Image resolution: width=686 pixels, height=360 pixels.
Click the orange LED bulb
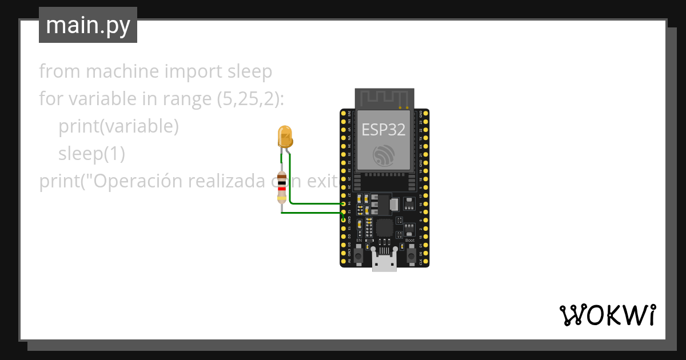click(x=285, y=137)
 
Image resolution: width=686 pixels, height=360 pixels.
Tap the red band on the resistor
click(x=281, y=189)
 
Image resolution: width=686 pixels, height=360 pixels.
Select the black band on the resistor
click(x=281, y=182)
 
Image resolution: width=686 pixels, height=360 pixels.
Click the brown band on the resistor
click(x=281, y=176)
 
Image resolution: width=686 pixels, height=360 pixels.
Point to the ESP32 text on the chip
click(x=384, y=130)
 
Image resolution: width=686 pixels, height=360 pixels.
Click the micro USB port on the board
click(x=384, y=261)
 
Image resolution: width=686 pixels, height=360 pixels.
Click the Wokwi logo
click(x=607, y=315)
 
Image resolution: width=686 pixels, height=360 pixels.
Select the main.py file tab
click(x=88, y=25)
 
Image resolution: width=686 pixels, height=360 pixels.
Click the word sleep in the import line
click(x=250, y=72)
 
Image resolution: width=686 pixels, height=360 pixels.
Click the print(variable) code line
click(x=118, y=126)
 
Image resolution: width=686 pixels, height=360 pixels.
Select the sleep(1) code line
click(x=91, y=154)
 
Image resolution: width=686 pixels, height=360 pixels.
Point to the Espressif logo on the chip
click(x=384, y=155)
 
